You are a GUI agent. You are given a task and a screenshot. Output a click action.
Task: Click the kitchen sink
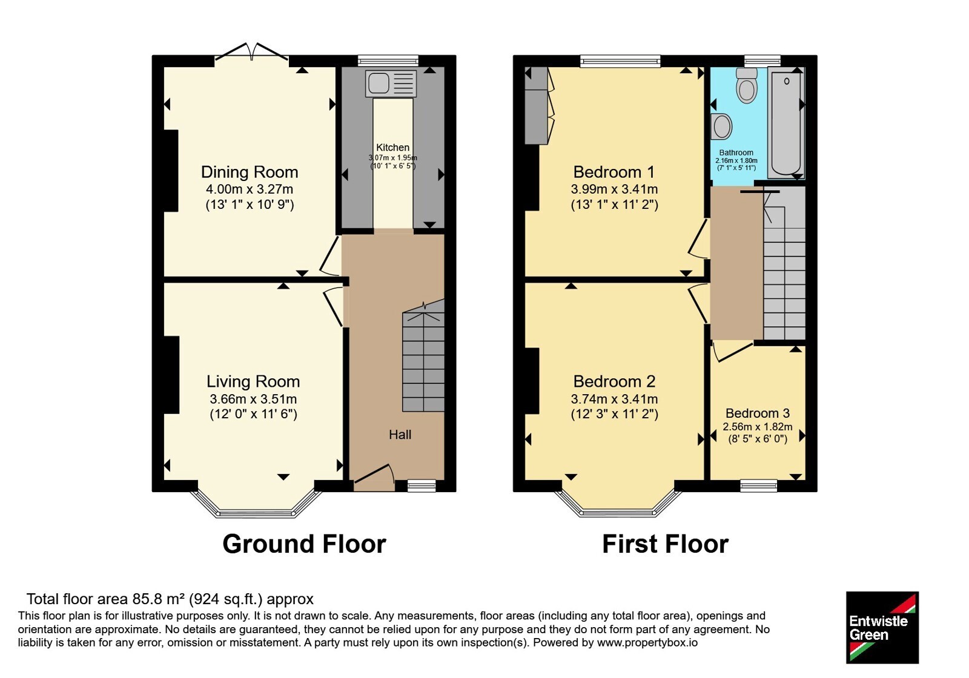(x=391, y=84)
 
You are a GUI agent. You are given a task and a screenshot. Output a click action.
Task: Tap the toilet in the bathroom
(x=747, y=85)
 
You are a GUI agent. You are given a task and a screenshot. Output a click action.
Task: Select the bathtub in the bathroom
(x=786, y=123)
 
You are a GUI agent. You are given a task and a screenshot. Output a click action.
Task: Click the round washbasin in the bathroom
(x=721, y=127)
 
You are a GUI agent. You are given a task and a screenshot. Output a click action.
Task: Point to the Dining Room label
(x=250, y=172)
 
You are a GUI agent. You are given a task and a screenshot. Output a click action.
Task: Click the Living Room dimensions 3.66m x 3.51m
(x=253, y=399)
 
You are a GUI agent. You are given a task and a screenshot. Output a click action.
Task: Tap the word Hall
(x=400, y=435)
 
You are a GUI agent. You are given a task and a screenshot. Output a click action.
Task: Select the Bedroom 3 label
(x=758, y=413)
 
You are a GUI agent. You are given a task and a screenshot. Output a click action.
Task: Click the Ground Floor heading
(x=304, y=544)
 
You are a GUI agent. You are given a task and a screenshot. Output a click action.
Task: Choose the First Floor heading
(x=666, y=544)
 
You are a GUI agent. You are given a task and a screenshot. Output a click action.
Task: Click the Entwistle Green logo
(x=882, y=627)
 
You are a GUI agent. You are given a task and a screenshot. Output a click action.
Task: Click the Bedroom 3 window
(x=759, y=486)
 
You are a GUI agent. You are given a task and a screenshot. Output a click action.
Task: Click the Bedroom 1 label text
(x=614, y=172)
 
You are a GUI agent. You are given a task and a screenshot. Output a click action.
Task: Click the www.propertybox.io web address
(x=647, y=642)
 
